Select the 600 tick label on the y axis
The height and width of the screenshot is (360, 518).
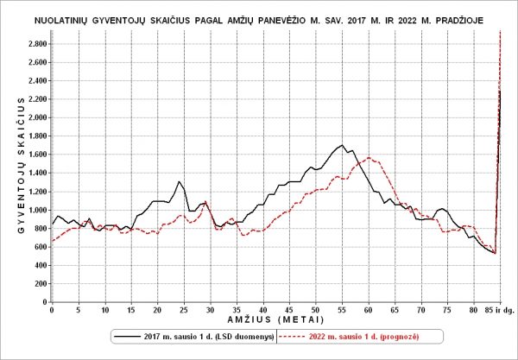coord(39,246)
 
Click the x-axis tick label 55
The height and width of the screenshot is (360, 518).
coord(343,310)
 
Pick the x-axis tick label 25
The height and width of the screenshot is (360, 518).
coord(184,310)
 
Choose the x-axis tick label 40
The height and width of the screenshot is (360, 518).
coord(263,310)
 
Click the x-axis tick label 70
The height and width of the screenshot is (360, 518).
coord(421,310)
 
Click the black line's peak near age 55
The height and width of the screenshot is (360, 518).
coord(343,145)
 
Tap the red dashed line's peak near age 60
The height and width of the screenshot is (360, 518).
coord(369,158)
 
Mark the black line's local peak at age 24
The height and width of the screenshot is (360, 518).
coord(179,182)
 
